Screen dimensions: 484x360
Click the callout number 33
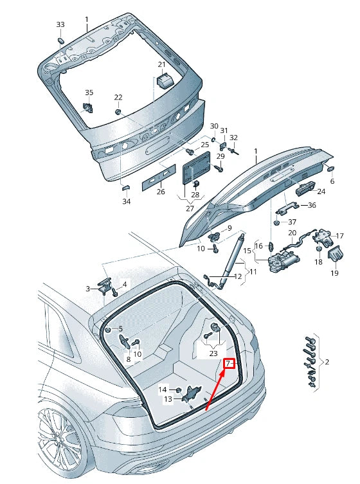[x=60, y=24]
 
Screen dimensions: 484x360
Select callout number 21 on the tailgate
[x=161, y=64]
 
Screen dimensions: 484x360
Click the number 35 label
[x=89, y=93]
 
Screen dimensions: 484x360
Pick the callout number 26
[x=161, y=192]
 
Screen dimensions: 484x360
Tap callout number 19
[x=334, y=273]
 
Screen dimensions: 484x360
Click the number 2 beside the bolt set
[x=327, y=363]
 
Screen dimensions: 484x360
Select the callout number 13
[x=168, y=399]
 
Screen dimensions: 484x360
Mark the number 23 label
[x=213, y=354]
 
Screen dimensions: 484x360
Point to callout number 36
[x=312, y=205]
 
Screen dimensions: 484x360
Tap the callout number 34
[x=127, y=201]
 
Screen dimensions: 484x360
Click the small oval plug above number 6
[x=332, y=168]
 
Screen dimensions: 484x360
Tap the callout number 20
[x=291, y=232]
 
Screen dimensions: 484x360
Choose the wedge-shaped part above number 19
[x=334, y=255]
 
